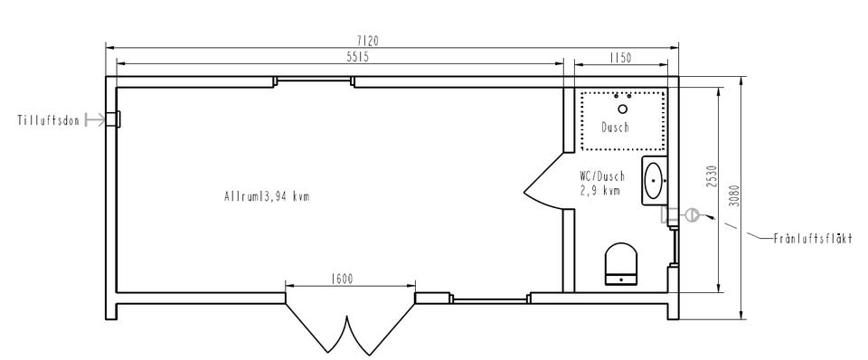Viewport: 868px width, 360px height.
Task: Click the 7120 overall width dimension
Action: (x=368, y=41)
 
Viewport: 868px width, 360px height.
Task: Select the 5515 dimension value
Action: (x=358, y=57)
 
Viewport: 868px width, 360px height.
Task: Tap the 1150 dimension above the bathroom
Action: (x=620, y=58)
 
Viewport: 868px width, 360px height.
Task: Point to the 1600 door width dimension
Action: (x=342, y=279)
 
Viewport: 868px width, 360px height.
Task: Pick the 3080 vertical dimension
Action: (x=734, y=195)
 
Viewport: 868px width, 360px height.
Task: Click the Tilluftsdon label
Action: (x=49, y=120)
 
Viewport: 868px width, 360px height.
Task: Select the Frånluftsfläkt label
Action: (x=813, y=239)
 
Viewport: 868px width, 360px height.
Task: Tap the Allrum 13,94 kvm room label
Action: (x=267, y=196)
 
